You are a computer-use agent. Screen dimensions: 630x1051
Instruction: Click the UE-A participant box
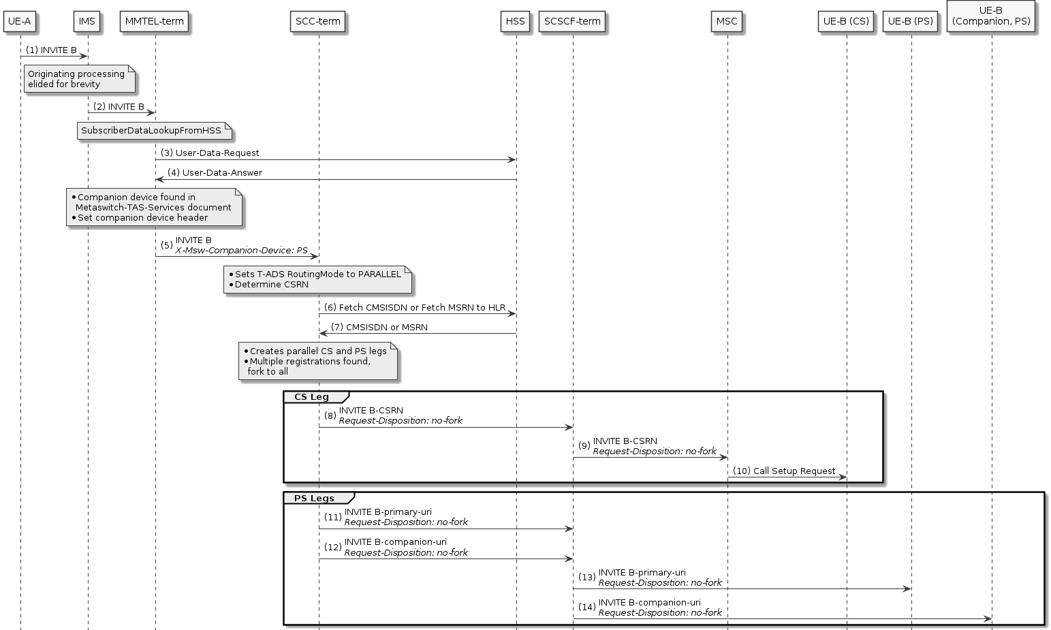(20, 21)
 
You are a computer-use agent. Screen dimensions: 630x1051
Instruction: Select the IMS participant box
(87, 21)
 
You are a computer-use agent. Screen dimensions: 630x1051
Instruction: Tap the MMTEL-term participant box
(155, 21)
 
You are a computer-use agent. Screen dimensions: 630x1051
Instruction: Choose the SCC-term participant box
(318, 21)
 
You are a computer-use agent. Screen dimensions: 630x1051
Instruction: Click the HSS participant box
(516, 21)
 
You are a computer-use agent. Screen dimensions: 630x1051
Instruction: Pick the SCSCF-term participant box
(572, 21)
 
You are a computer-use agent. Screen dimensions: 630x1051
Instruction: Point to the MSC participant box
(727, 21)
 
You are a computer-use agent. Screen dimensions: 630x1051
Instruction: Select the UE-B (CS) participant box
(846, 21)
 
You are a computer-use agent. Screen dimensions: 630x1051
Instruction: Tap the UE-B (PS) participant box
(911, 21)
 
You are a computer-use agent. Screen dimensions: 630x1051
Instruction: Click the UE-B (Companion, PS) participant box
(991, 16)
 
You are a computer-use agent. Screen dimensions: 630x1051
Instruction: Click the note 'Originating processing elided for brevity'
(79, 79)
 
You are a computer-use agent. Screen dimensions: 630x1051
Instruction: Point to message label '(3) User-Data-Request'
(210, 153)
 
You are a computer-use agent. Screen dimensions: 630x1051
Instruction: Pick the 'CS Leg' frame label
(312, 397)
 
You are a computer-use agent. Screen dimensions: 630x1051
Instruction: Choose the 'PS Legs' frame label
(314, 499)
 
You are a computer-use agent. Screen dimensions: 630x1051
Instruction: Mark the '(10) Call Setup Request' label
(784, 471)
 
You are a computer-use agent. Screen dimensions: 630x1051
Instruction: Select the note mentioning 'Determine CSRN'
(317, 279)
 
